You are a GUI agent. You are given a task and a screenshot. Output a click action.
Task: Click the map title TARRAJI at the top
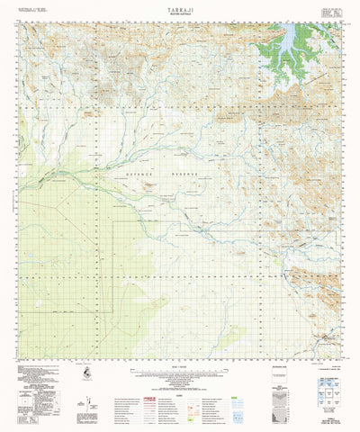pos(180,5)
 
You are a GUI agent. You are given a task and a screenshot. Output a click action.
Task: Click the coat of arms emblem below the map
pos(83,373)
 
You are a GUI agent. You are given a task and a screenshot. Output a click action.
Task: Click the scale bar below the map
pos(180,369)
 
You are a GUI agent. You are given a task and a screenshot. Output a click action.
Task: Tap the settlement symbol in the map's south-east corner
pos(325,339)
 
